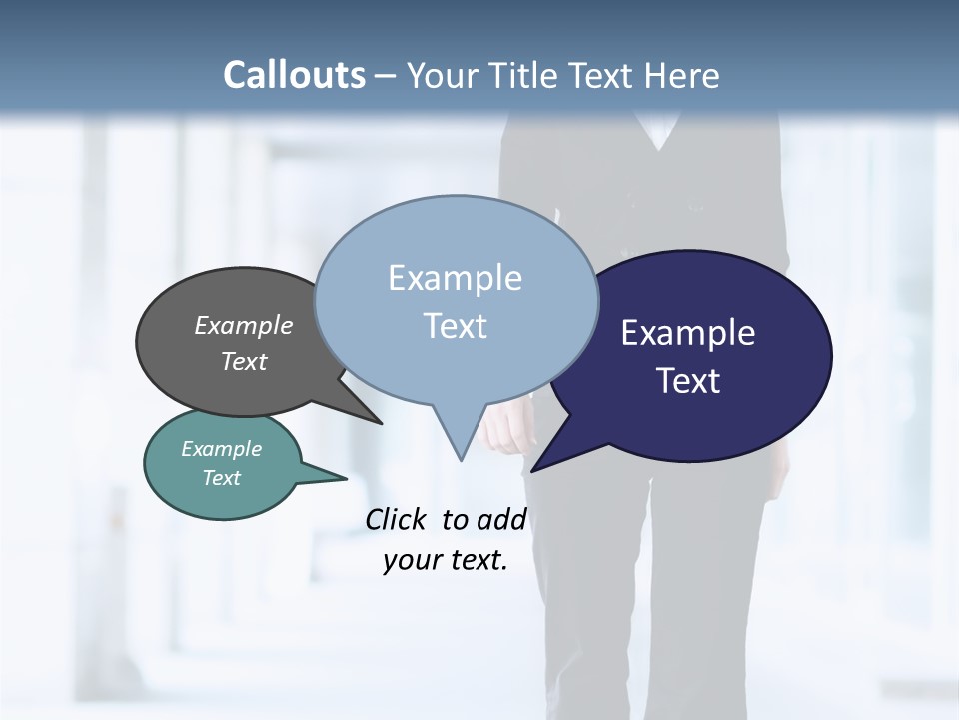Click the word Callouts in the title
tap(294, 75)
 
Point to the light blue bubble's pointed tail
tap(459, 445)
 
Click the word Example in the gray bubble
tap(244, 326)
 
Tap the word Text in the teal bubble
tap(222, 478)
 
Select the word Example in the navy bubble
tap(688, 333)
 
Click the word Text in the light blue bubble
tap(456, 326)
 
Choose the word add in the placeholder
tap(501, 519)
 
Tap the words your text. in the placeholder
tap(446, 560)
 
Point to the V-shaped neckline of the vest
tap(658, 140)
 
